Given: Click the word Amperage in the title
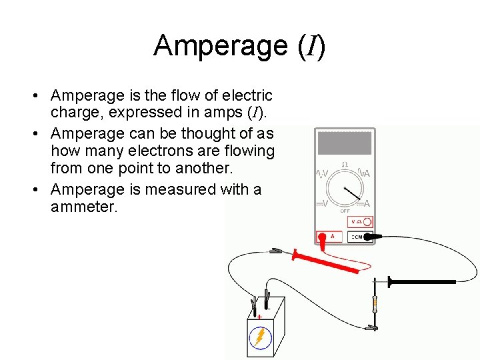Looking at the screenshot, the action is tap(211, 45).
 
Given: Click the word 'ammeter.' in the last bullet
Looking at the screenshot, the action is tap(84, 207).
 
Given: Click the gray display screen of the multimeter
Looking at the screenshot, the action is tap(345, 143).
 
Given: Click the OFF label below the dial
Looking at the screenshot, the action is tap(345, 211).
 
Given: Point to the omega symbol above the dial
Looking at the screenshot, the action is tap(345, 164).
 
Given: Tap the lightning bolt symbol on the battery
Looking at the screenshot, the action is tap(261, 337).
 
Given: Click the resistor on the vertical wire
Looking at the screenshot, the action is tap(375, 303).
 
